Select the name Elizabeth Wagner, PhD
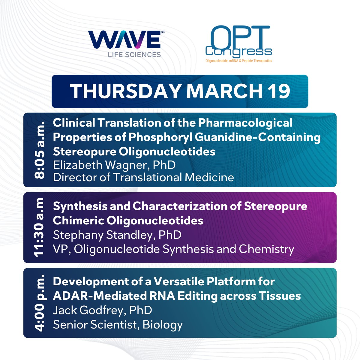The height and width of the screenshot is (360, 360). (x=114, y=165)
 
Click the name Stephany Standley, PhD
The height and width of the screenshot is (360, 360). (x=117, y=235)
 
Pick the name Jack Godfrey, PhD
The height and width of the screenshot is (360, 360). (x=102, y=310)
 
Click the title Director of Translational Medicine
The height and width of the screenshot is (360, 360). (x=143, y=177)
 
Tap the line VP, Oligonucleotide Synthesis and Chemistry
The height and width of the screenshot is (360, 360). (x=173, y=249)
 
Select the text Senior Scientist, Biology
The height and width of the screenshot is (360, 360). (x=118, y=325)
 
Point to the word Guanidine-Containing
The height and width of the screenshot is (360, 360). (x=258, y=137)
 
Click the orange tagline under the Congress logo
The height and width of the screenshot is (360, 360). (x=238, y=61)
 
